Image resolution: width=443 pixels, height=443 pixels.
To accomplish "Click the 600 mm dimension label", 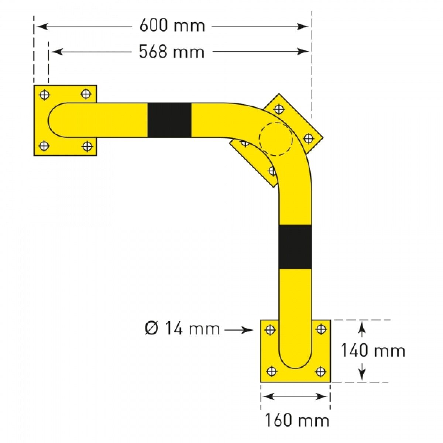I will point(172,26).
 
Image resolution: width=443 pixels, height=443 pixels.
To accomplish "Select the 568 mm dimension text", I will point(172,52).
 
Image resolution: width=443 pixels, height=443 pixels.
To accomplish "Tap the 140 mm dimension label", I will point(372,350).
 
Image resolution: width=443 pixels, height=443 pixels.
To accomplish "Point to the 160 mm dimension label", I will point(297,420).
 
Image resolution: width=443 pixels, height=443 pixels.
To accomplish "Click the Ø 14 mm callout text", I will point(182,329).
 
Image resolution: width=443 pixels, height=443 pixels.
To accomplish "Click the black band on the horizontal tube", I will point(169,120).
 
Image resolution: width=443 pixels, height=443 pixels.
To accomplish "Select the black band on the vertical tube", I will point(295,247).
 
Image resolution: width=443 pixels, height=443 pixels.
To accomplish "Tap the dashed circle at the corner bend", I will point(276,139).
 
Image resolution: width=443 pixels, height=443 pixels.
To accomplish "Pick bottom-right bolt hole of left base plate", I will point(87,146).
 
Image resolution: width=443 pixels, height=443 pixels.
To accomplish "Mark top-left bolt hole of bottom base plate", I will point(271,329).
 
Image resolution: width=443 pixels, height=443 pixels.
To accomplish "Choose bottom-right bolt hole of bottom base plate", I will point(320,371).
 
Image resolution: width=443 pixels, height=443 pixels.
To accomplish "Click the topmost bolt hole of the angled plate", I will point(279,109).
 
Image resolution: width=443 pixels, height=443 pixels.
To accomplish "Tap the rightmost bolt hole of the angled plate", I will point(308,138).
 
